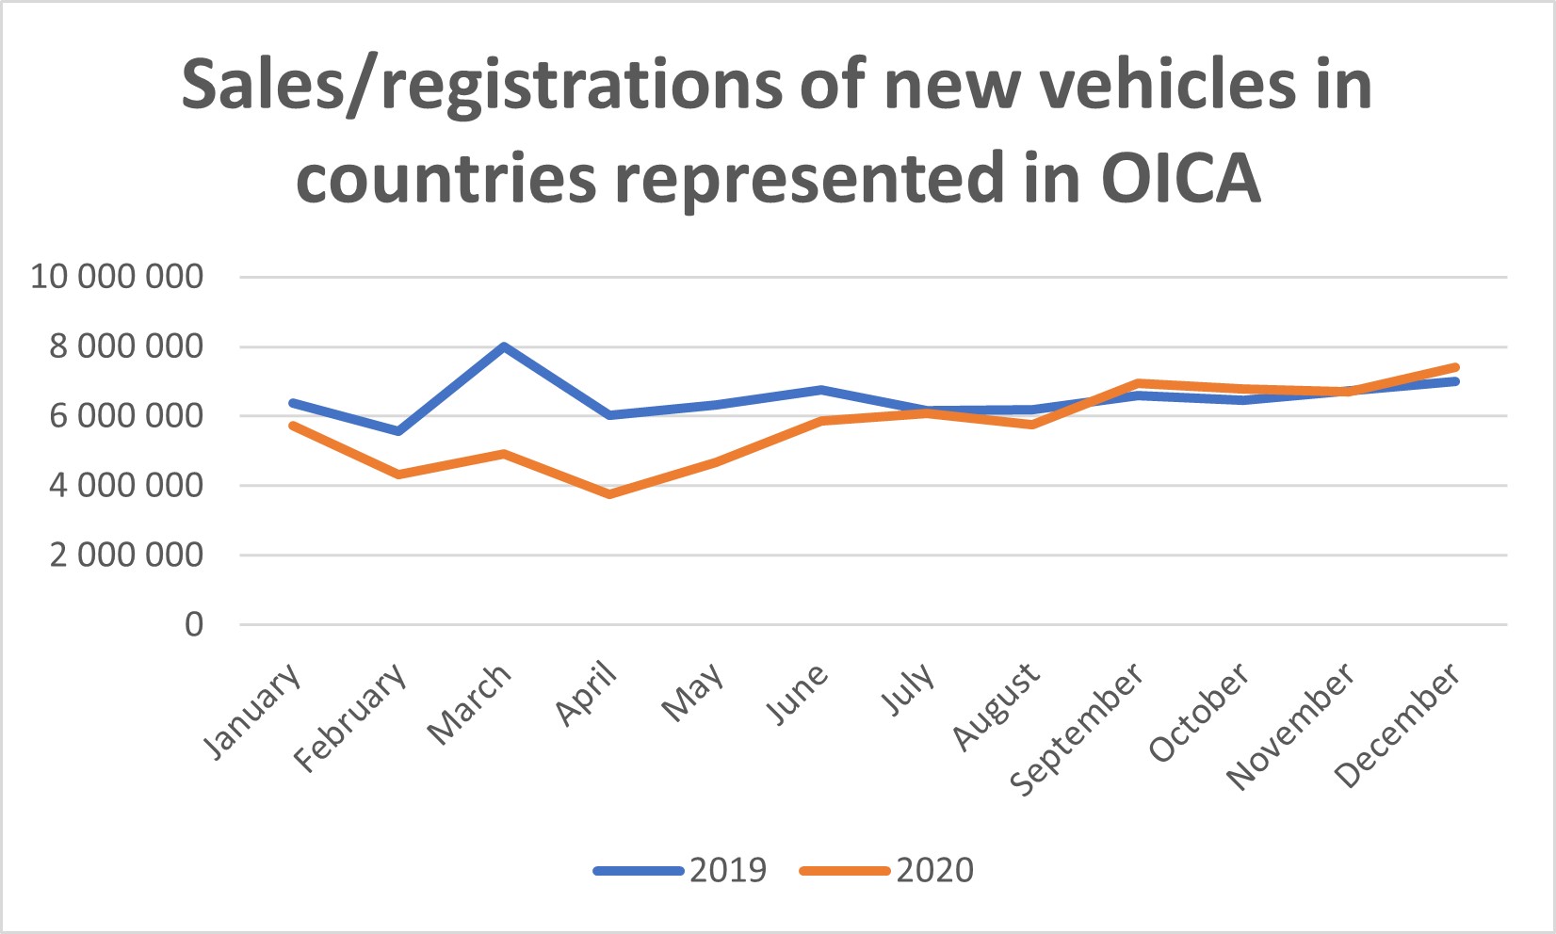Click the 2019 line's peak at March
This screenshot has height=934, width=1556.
pyautogui.click(x=504, y=346)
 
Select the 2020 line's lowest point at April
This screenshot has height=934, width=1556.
pyautogui.click(x=609, y=493)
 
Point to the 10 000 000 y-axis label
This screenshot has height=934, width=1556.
pyautogui.click(x=117, y=277)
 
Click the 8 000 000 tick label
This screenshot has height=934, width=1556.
pyautogui.click(x=126, y=346)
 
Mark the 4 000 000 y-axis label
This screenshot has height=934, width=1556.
pyautogui.click(x=126, y=486)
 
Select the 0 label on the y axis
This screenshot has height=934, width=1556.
pyautogui.click(x=193, y=624)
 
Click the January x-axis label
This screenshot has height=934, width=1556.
pyautogui.click(x=253, y=712)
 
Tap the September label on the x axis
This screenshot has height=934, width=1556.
pyautogui.click(x=1078, y=729)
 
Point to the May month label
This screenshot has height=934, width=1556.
pyautogui.click(x=693, y=693)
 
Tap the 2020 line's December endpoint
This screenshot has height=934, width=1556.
pyautogui.click(x=1456, y=367)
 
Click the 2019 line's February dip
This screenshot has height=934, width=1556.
pyautogui.click(x=398, y=431)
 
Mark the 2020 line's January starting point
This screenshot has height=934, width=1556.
pyautogui.click(x=293, y=426)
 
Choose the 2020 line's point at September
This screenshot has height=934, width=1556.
pyautogui.click(x=1139, y=383)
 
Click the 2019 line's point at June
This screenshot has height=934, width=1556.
pyautogui.click(x=821, y=389)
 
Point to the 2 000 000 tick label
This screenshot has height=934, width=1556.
pyautogui.click(x=126, y=556)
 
